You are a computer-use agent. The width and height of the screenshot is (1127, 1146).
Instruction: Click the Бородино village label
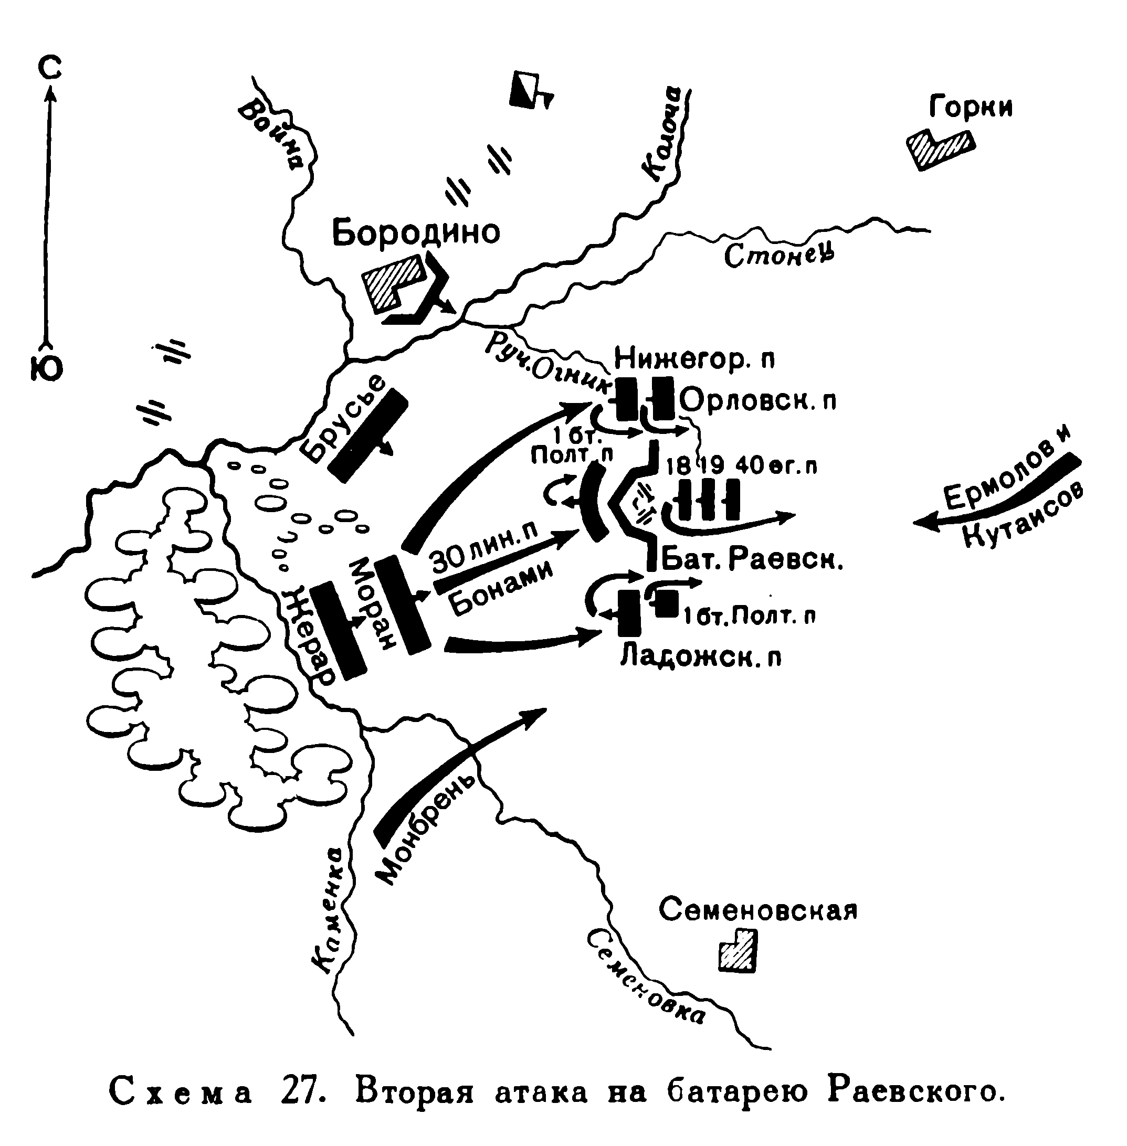(x=416, y=232)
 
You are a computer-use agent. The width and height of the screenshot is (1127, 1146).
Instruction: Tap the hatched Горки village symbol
(x=940, y=149)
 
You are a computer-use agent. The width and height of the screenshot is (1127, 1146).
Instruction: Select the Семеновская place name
(x=757, y=911)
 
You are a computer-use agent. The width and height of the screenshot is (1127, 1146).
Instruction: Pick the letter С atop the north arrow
(x=50, y=69)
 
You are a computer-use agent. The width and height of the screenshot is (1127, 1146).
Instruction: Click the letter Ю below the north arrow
(x=46, y=370)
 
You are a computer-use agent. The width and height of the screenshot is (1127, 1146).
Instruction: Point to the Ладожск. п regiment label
(x=701, y=658)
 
